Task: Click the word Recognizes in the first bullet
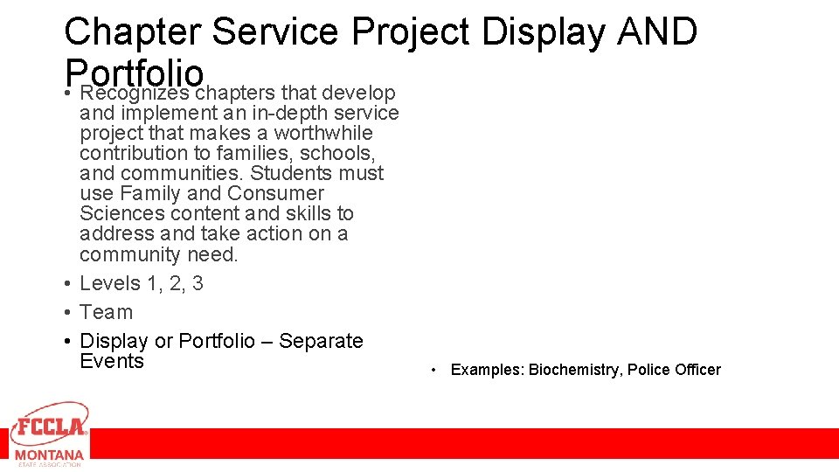(135, 93)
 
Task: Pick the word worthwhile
(323, 133)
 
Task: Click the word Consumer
(275, 193)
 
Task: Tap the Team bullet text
(106, 312)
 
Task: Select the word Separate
(321, 341)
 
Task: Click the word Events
(112, 361)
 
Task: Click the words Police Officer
(674, 370)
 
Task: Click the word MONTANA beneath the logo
(49, 455)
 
